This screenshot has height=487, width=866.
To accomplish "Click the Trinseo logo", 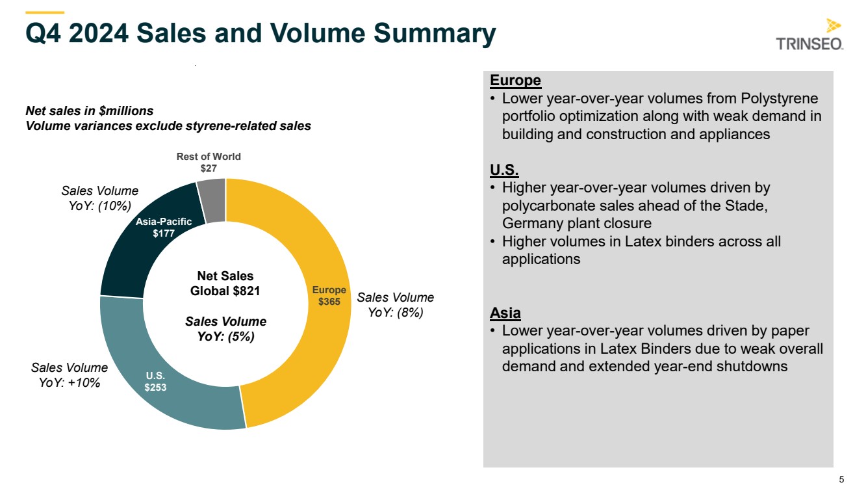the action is pyautogui.click(x=809, y=34).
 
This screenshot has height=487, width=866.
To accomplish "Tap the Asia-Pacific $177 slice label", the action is pyautogui.click(x=164, y=228).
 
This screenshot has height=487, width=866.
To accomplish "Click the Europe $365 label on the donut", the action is pyautogui.click(x=329, y=296).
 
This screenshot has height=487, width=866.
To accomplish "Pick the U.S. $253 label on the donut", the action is pyautogui.click(x=155, y=382).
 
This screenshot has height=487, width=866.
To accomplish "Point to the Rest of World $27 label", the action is pyautogui.click(x=209, y=163).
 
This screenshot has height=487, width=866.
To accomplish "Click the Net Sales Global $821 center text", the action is pyautogui.click(x=225, y=283).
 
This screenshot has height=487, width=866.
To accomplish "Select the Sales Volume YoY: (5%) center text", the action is pyautogui.click(x=226, y=329).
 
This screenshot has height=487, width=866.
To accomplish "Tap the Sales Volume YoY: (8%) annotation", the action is pyautogui.click(x=395, y=305).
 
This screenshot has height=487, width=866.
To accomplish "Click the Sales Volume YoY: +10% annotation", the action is pyautogui.click(x=70, y=375).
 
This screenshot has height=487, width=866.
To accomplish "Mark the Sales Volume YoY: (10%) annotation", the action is pyautogui.click(x=100, y=198).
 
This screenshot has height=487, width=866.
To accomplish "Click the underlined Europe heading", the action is pyautogui.click(x=515, y=81).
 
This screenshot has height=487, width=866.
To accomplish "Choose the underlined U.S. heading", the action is pyautogui.click(x=504, y=170).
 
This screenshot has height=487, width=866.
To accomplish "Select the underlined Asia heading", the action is pyautogui.click(x=505, y=313).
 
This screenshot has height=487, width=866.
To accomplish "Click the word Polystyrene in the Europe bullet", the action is pyautogui.click(x=780, y=99).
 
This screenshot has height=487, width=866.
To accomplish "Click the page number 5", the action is pyautogui.click(x=842, y=479).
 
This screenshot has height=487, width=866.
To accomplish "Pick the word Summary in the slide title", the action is pyautogui.click(x=435, y=33).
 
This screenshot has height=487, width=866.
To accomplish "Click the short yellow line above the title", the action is pyautogui.click(x=45, y=13).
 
